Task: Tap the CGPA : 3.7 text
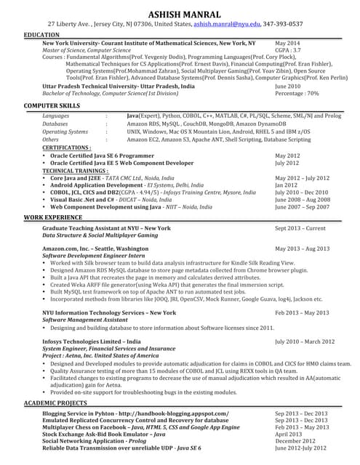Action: (x=289, y=50)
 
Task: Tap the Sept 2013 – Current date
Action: (x=300, y=228)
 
